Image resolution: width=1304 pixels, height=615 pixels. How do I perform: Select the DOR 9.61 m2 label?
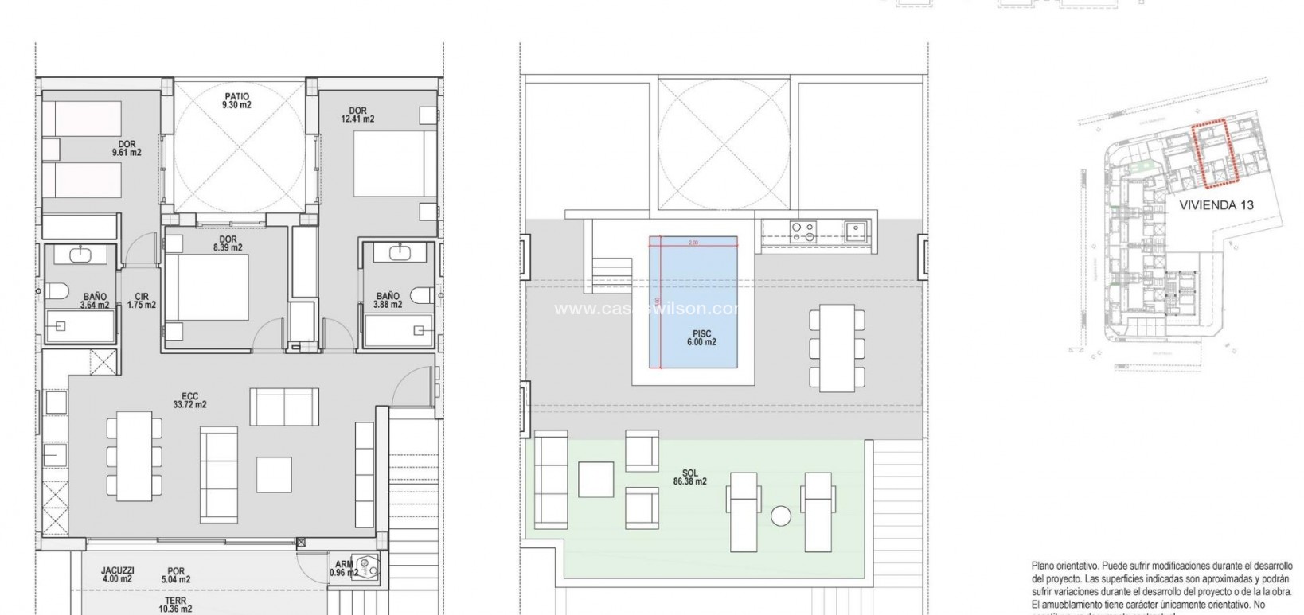[x=127, y=149]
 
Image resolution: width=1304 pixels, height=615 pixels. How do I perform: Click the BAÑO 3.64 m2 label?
[x=94, y=301]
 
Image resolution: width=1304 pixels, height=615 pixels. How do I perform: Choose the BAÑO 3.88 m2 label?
[x=388, y=301]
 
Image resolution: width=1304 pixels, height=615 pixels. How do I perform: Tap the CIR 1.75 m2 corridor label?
[x=142, y=301]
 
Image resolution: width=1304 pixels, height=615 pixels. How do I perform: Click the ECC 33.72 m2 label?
[x=189, y=400]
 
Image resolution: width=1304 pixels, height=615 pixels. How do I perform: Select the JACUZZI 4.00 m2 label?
[x=118, y=575]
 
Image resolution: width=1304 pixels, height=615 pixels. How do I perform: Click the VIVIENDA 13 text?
[x=1216, y=205]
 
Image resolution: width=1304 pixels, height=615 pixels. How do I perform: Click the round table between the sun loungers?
[x=781, y=516]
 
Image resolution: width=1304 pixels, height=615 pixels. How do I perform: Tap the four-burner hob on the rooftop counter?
[x=802, y=231]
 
